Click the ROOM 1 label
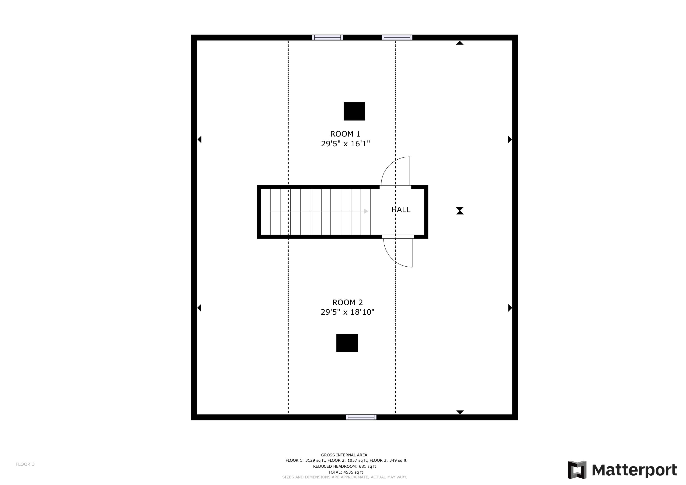[x=345, y=134]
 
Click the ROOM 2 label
[x=348, y=303]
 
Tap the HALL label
[x=401, y=210]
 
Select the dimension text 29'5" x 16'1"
[x=345, y=144]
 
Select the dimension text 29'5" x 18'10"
[x=348, y=312]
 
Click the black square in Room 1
[x=354, y=111]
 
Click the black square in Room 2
[x=347, y=343]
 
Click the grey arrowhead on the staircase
[x=366, y=211]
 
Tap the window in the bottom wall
[x=361, y=417]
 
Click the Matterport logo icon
[x=577, y=470]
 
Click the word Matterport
[x=634, y=470]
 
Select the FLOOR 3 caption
[x=25, y=464]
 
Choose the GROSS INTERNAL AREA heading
[x=344, y=455]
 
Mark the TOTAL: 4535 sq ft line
[x=346, y=472]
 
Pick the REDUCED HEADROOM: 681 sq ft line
[x=345, y=466]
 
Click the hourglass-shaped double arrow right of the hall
[x=460, y=211]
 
